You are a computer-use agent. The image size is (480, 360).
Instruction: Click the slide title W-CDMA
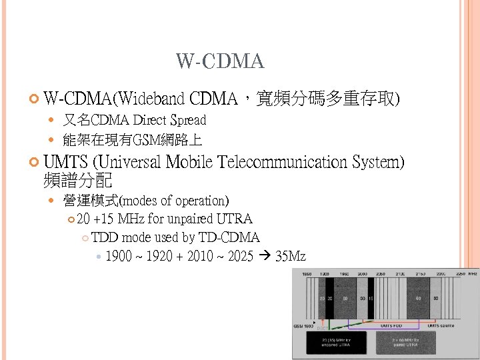coord(220,62)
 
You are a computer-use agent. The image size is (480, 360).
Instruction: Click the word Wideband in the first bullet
coord(152,100)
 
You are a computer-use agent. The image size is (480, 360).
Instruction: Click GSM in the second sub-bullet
coord(145,141)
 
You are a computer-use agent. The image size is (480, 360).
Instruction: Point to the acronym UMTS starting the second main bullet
coord(65,162)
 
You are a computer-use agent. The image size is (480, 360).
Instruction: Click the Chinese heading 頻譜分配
coord(77,180)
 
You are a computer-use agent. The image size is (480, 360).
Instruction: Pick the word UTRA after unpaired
coord(235,219)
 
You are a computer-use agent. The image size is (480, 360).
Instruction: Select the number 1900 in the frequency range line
coord(119,256)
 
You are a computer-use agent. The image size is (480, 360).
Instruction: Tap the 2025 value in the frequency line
coord(240,256)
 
